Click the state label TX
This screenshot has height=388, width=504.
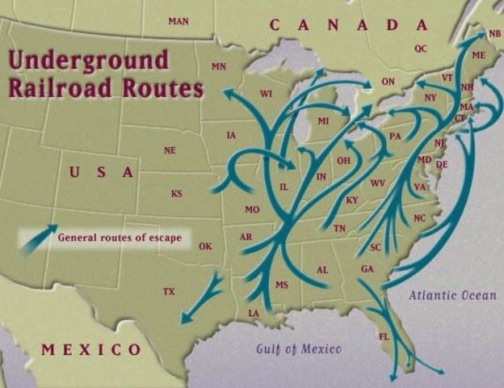(x=169, y=291)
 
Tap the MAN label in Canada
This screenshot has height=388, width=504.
(x=178, y=21)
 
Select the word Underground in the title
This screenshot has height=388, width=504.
(x=89, y=61)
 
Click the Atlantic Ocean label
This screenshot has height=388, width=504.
(x=452, y=295)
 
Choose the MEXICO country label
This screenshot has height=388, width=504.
(x=91, y=349)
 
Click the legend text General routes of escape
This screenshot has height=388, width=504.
(x=120, y=238)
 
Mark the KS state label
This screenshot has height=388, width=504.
(x=177, y=193)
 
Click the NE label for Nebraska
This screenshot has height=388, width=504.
(x=170, y=150)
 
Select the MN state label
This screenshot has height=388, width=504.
(x=219, y=66)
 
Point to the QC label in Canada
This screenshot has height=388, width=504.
(x=421, y=48)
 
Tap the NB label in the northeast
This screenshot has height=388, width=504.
(x=494, y=34)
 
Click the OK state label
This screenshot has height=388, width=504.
(x=205, y=247)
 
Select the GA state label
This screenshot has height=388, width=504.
(x=367, y=269)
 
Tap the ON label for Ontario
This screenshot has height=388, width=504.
(x=388, y=82)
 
